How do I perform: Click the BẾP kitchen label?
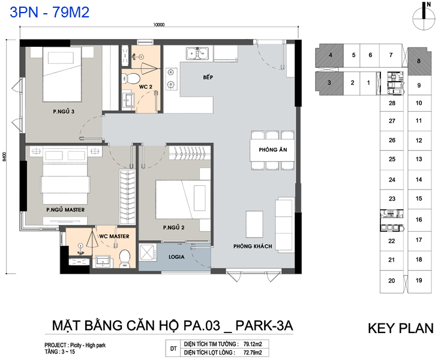[x=208, y=77]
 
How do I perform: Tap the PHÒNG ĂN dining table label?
[x=273, y=149]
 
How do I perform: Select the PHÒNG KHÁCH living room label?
[x=253, y=246]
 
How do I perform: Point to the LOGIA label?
[x=176, y=257]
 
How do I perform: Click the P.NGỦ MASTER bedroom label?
[x=65, y=209]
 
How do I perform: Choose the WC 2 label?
[x=146, y=87]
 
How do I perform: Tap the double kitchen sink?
[x=197, y=53]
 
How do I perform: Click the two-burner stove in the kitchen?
[x=171, y=79]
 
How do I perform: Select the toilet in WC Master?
[x=125, y=258]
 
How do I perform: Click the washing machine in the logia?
[x=148, y=253]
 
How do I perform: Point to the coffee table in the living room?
[x=254, y=224]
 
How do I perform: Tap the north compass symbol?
[x=424, y=18]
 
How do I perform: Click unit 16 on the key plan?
[x=419, y=220]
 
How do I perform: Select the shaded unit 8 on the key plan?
[x=418, y=61]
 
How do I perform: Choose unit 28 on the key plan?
[x=392, y=103]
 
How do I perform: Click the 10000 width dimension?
[x=158, y=25]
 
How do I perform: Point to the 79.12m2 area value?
[x=253, y=344]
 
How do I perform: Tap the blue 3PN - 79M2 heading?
[x=50, y=12]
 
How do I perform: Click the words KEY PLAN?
[x=401, y=328]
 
